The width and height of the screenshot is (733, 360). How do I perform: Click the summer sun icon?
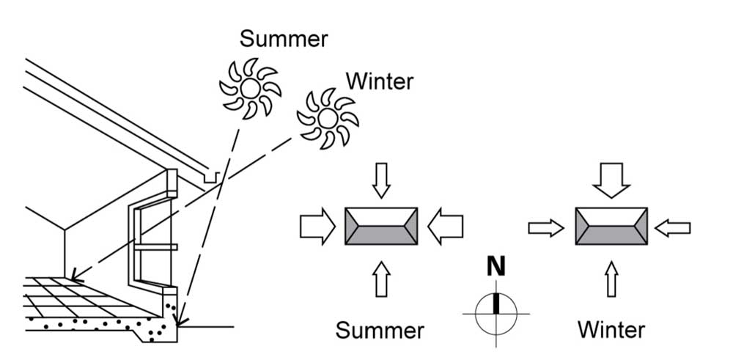(250, 87)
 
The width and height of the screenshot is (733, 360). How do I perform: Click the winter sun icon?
(328, 118)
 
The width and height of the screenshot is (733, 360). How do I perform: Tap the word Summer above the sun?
(284, 40)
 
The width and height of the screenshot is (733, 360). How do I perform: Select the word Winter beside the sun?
(380, 81)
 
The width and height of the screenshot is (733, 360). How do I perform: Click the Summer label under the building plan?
(380, 331)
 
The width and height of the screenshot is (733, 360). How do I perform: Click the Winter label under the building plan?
(611, 330)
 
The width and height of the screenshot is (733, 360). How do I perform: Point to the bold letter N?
(496, 268)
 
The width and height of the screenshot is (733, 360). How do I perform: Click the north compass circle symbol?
(496, 313)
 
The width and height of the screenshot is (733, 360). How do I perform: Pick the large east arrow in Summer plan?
(445, 227)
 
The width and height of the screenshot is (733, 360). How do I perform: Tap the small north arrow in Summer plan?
(381, 180)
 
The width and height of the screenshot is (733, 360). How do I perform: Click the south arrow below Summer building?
(381, 279)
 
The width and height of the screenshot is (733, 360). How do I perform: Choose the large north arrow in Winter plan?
(611, 180)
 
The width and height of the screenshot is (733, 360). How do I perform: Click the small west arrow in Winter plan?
(546, 228)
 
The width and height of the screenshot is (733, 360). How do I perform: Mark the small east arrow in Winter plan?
(672, 228)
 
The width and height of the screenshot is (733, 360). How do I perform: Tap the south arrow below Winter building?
(611, 279)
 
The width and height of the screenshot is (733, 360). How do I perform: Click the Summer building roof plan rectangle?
(381, 227)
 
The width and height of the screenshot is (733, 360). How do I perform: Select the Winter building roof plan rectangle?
(611, 227)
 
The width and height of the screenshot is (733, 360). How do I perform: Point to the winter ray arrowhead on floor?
(75, 277)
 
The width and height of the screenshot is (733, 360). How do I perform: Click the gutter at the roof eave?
(211, 177)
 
